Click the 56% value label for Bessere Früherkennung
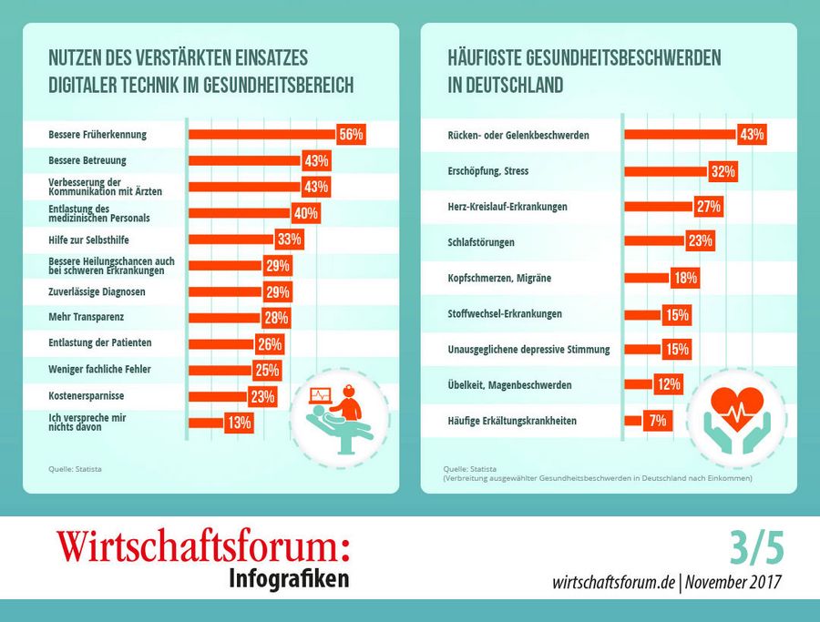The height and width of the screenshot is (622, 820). pos(351,135)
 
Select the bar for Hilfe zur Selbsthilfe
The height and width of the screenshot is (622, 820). pos(231,240)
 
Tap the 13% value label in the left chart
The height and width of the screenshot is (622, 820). pos(240,423)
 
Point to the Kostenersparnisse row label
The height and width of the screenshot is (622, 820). pos(87,395)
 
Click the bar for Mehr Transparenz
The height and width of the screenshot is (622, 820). pos(225,317)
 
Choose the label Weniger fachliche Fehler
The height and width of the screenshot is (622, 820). pos(99,369)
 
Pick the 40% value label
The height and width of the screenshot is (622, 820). pos(306,213)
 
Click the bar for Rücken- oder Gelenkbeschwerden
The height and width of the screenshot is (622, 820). pos(681,135)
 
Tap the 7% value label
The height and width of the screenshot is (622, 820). pos(658,420)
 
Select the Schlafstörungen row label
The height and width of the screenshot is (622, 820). pos(481,242)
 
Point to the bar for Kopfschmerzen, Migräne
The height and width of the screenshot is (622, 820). pos(648,278)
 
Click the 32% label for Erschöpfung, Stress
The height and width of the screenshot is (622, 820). pos(723,171)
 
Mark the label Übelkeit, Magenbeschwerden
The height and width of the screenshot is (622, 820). pos(509,384)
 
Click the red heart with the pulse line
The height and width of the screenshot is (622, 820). pos(737,409)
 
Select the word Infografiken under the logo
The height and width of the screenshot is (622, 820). pos(289,578)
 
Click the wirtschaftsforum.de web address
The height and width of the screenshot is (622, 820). pos(613,582)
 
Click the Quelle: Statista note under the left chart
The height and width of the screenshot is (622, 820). pos(76,469)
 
